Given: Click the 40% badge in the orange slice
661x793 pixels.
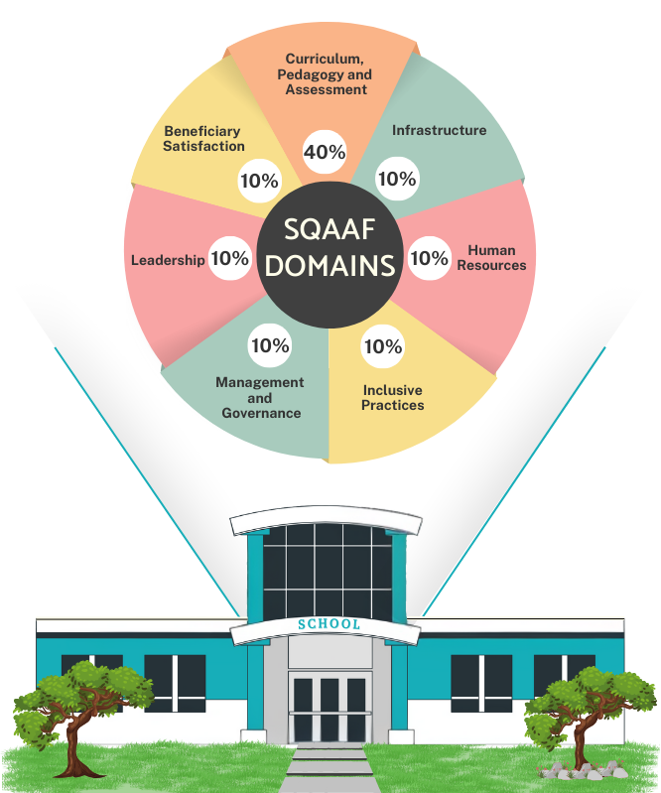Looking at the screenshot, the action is [325, 152].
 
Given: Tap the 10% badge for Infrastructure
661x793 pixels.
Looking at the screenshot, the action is [397, 179].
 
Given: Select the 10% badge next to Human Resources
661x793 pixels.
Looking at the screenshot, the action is [430, 258].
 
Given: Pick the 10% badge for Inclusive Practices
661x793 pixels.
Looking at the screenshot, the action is [383, 346].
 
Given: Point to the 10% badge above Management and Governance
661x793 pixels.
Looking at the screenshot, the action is [270, 345].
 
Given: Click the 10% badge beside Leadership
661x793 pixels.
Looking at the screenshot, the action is [230, 258].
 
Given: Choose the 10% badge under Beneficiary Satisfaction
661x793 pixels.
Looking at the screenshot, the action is [259, 181].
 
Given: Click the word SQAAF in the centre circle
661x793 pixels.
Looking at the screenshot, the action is [330, 229].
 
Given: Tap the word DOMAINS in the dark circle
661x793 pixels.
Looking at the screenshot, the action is [330, 266].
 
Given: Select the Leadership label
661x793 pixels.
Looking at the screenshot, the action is [168, 260].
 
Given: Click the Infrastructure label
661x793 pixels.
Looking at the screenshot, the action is [439, 130].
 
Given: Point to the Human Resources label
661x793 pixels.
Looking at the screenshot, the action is [491, 257].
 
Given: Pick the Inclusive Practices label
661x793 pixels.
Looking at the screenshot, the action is [392, 398].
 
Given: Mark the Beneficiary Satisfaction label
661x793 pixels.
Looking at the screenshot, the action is [203, 139].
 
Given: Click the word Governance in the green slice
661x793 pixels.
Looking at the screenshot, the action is [261, 413].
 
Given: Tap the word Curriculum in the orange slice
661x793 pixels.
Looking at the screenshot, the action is [325, 59].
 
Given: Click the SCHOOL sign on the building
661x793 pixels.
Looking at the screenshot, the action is [329, 624].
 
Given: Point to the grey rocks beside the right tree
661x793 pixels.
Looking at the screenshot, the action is [582, 770].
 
